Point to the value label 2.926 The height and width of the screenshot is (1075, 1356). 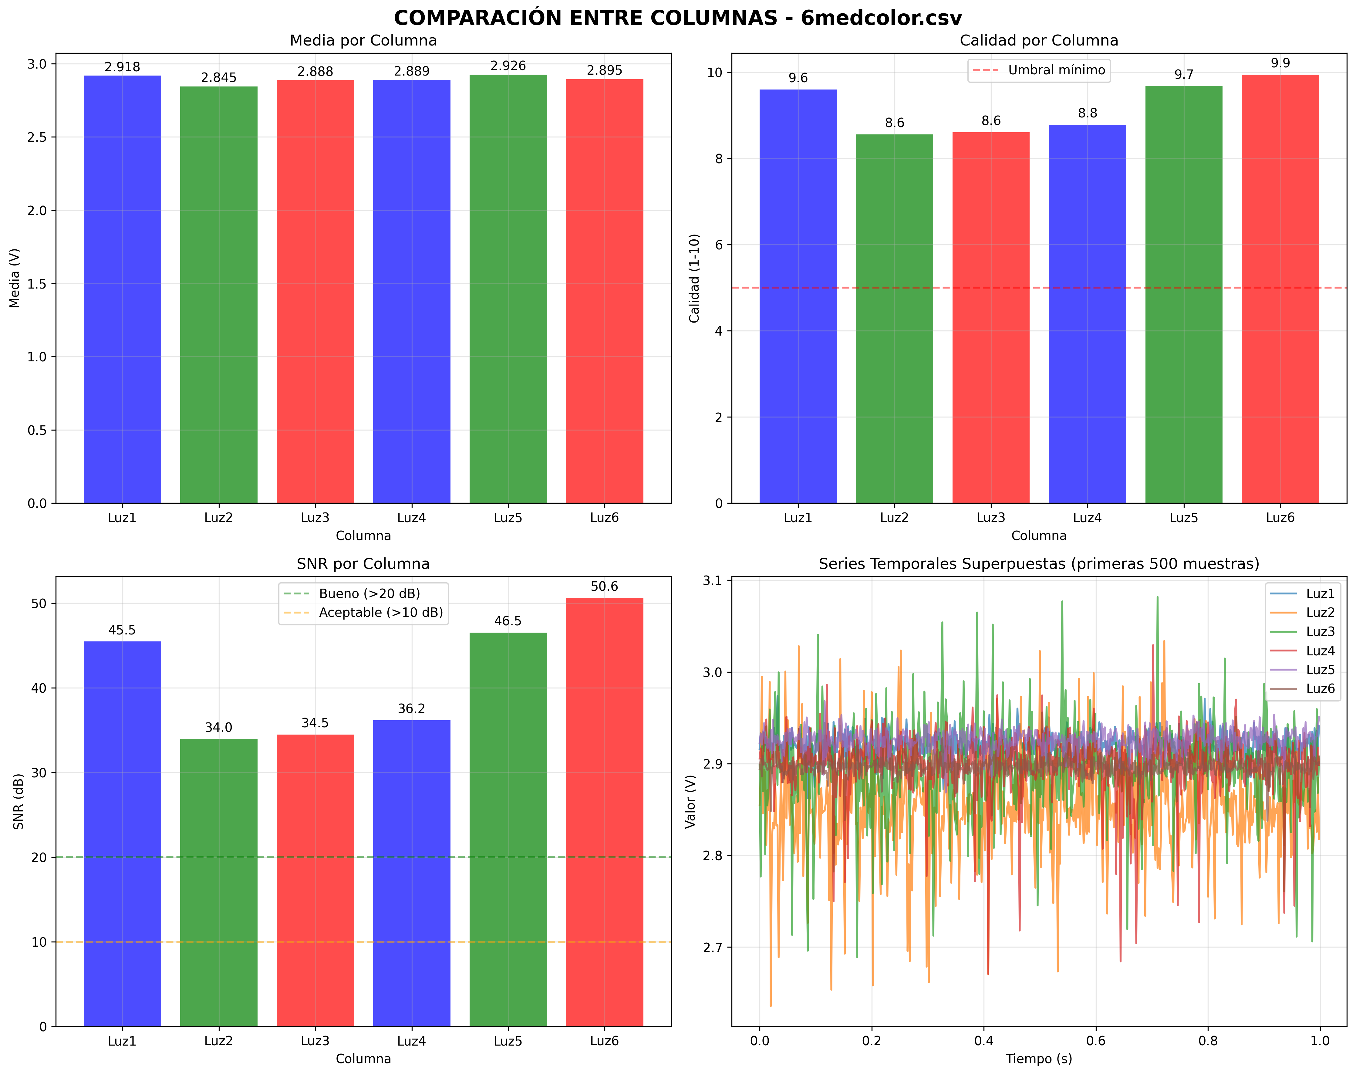[x=508, y=66]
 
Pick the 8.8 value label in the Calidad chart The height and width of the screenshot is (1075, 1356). [x=1088, y=113]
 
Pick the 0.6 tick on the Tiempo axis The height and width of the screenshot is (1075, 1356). [x=1096, y=1041]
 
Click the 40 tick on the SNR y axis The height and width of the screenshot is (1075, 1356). [x=39, y=688]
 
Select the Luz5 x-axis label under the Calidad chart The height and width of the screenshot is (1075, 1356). [x=1184, y=518]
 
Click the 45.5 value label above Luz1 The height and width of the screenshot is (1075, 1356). [x=122, y=630]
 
